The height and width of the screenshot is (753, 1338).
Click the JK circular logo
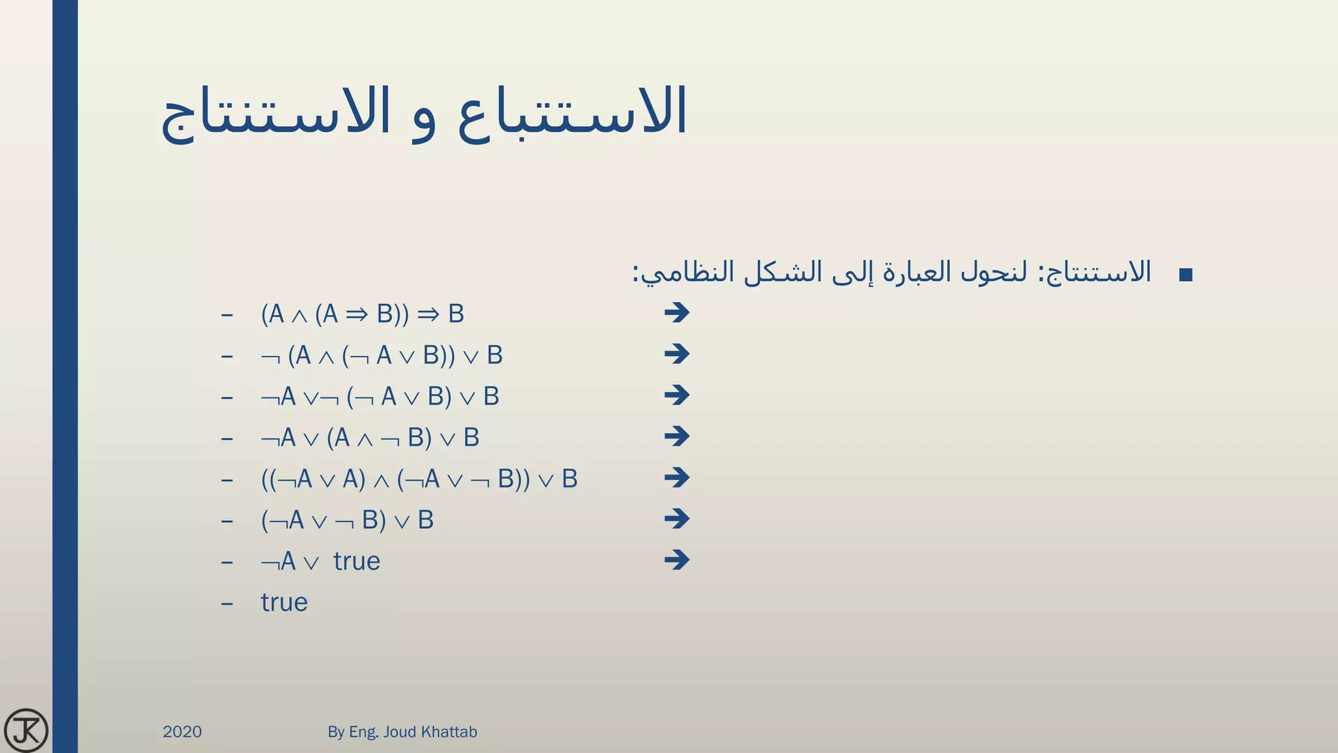25,729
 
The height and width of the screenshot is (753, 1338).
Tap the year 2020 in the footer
182,731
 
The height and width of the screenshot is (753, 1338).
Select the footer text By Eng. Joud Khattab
402,731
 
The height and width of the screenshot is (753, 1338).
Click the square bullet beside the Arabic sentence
1186,275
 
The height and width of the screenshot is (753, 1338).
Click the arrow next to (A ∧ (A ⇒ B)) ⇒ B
677,312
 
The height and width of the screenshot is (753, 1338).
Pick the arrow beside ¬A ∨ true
677,560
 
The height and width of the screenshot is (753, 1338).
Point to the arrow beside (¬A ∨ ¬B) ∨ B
677,518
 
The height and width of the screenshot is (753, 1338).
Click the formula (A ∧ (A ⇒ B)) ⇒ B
362,314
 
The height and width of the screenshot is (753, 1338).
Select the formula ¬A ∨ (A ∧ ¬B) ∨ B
370,438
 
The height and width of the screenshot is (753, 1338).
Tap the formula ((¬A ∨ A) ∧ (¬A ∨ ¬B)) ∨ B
419,479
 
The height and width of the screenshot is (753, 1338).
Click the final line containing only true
284,602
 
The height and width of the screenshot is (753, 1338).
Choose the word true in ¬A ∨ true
356,561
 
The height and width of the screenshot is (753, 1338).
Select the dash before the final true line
227,603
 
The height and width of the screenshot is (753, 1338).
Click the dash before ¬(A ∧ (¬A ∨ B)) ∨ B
227,356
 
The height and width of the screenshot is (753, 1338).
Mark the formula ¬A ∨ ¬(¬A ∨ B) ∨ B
380,397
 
